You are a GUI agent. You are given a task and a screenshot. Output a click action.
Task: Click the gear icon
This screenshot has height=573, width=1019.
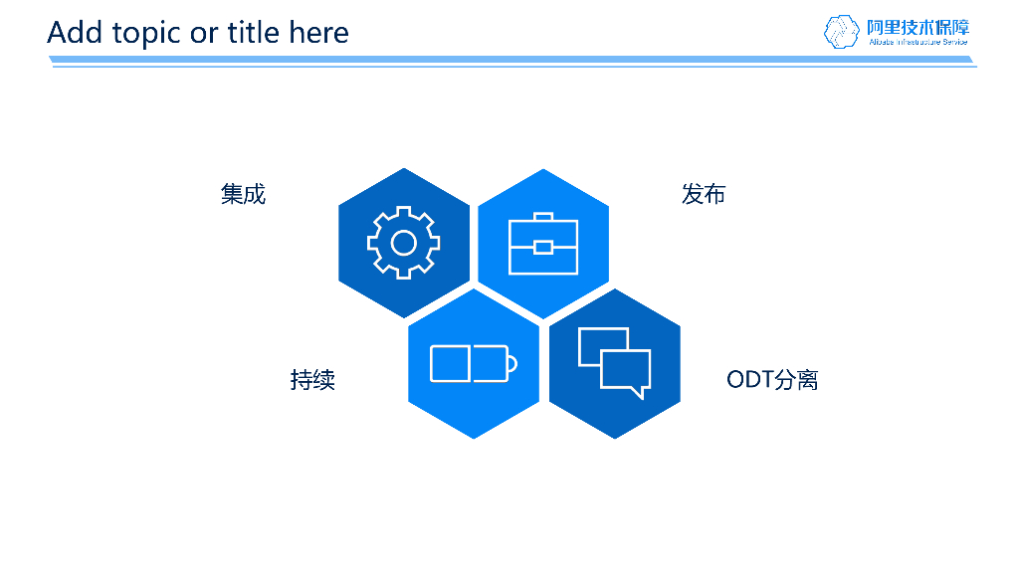click(x=403, y=242)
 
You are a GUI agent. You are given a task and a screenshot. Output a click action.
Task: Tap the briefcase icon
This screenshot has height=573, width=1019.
click(x=543, y=245)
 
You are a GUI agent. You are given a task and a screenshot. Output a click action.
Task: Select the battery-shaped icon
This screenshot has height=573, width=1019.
click(x=473, y=363)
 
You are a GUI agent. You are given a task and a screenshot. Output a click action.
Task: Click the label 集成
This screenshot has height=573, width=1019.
click(x=243, y=194)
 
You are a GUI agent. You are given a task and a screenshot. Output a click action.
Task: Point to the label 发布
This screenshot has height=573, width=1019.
click(x=704, y=194)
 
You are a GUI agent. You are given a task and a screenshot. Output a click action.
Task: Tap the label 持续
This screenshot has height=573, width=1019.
click(x=312, y=379)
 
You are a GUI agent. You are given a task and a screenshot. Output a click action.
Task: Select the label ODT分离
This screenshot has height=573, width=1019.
click(x=772, y=379)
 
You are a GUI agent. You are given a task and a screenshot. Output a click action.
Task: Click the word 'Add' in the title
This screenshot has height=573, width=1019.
click(x=74, y=33)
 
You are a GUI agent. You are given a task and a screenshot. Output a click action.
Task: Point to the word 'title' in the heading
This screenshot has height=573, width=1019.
click(x=253, y=33)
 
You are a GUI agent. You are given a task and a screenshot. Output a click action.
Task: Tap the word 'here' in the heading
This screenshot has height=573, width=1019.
click(x=318, y=33)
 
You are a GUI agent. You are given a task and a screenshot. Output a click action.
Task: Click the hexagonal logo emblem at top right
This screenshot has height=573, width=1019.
click(x=841, y=31)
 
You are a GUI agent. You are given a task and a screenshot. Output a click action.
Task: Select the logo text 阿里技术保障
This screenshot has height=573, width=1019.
click(x=917, y=26)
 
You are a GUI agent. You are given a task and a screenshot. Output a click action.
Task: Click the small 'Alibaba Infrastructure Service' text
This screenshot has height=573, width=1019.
click(x=917, y=43)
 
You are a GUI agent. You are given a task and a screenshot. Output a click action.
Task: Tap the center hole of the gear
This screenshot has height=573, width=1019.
click(x=403, y=242)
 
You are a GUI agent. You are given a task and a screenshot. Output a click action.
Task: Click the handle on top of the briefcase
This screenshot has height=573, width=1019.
click(x=543, y=216)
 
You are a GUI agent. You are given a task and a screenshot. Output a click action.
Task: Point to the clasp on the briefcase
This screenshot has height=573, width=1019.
click(x=543, y=247)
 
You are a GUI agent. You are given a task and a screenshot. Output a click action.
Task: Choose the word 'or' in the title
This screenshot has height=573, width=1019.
click(x=203, y=33)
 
